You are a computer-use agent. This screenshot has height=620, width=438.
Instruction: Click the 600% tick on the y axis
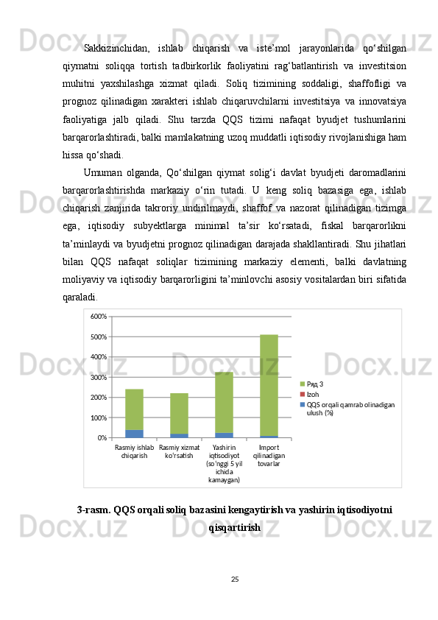99,316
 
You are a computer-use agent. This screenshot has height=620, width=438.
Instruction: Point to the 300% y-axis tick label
99,377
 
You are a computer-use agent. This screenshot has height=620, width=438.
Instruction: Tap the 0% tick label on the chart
102,438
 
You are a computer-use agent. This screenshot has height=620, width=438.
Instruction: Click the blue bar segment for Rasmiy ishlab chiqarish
135,434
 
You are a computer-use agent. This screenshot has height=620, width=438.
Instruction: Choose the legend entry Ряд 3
315,384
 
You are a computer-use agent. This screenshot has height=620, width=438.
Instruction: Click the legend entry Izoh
312,394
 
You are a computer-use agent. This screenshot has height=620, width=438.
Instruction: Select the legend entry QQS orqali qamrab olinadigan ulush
350,409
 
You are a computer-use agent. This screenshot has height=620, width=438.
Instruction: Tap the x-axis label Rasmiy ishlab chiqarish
135,451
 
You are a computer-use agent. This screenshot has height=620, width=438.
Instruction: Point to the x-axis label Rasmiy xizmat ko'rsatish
180,451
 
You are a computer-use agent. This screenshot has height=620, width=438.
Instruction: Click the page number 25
234,579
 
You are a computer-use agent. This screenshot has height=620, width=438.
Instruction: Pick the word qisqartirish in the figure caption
234,528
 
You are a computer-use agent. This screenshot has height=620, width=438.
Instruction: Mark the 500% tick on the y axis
99,337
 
